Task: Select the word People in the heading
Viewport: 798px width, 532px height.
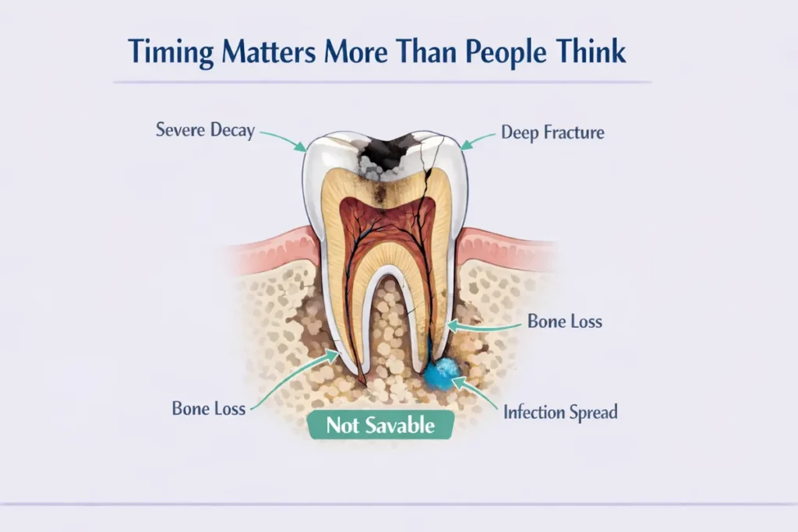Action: point(512,52)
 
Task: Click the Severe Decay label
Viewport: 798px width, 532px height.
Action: point(205,130)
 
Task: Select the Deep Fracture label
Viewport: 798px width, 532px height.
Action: point(553,132)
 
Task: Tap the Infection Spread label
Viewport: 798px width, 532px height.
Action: point(560,412)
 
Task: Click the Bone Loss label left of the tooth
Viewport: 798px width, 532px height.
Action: point(208,407)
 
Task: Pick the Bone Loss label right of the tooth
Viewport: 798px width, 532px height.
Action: point(565,321)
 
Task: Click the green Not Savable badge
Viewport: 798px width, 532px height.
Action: point(380,425)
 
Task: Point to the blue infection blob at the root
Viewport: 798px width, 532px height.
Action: point(443,373)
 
